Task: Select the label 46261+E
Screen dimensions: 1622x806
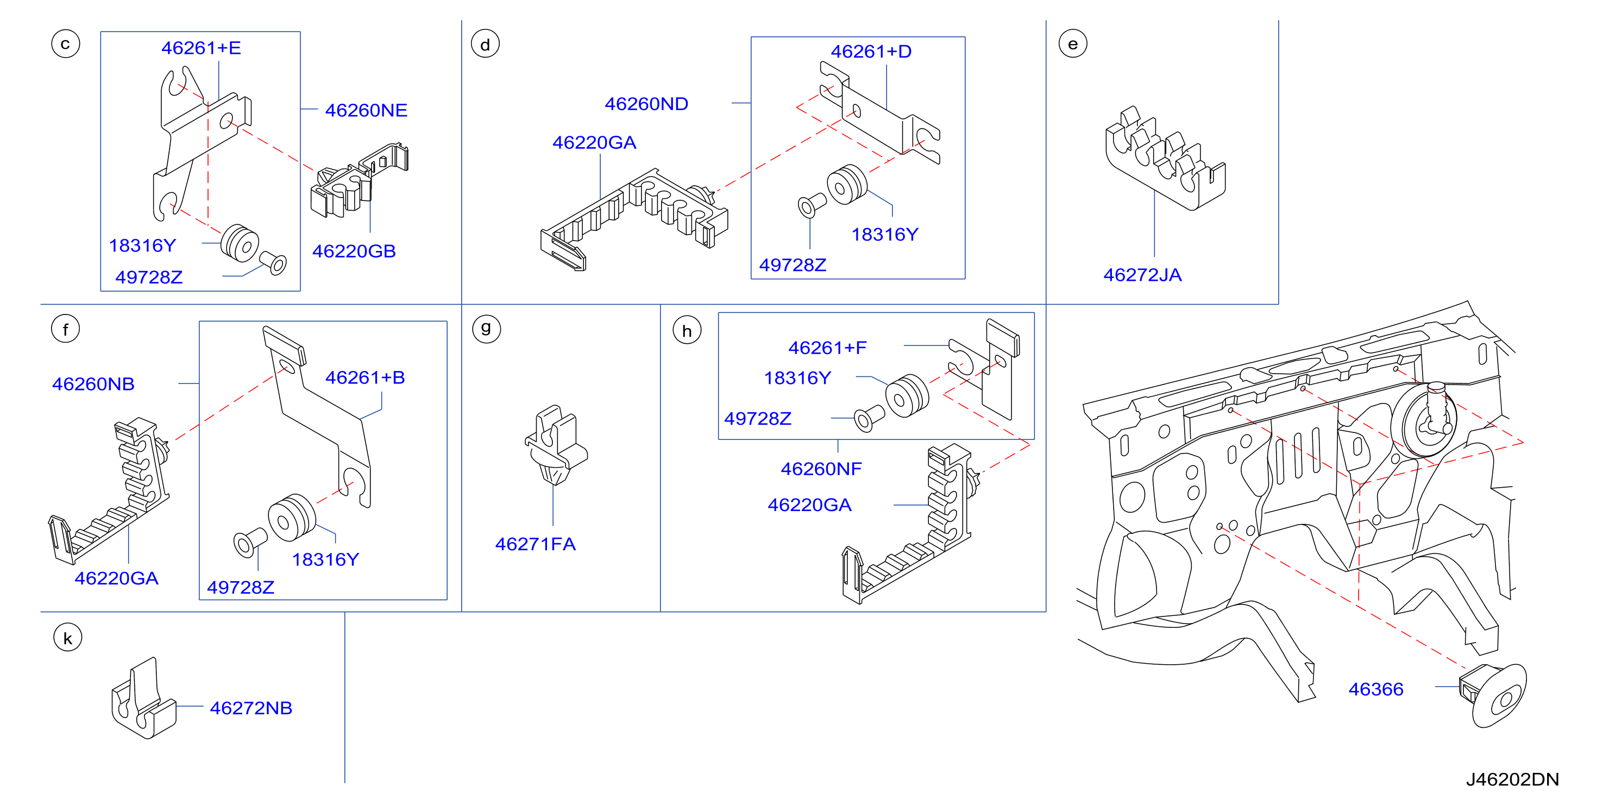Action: point(201,48)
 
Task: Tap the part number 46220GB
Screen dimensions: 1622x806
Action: point(354,251)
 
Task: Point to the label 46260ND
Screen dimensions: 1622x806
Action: point(646,104)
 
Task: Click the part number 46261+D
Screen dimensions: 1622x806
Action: point(871,52)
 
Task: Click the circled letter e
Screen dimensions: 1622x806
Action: point(1073,44)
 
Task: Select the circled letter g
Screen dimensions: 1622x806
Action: point(486,329)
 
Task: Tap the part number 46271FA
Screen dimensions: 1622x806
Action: point(535,544)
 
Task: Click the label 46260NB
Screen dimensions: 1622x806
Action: point(93,384)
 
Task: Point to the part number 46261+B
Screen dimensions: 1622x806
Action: point(364,378)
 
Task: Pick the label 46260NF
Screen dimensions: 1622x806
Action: point(821,469)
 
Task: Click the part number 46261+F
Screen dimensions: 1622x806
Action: point(827,348)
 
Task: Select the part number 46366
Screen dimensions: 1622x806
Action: point(1376,690)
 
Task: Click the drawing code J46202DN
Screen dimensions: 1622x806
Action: point(1512,779)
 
